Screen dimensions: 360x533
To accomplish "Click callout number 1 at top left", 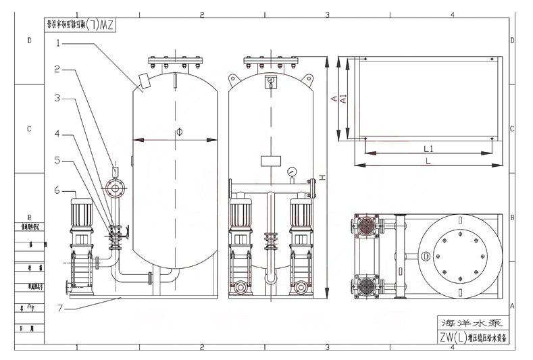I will pyautogui.click(x=58, y=43).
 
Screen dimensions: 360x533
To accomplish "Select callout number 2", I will pyautogui.click(x=58, y=69).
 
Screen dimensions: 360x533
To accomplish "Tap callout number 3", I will pyautogui.click(x=58, y=99).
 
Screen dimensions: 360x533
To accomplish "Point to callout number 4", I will pyautogui.click(x=58, y=134).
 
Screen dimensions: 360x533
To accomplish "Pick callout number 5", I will pyautogui.click(x=58, y=161).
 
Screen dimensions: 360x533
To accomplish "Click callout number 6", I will pyautogui.click(x=58, y=190).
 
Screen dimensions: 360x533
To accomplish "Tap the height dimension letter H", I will pyautogui.click(x=322, y=177).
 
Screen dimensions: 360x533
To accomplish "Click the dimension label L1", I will pyautogui.click(x=428, y=148).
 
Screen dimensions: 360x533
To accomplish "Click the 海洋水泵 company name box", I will pyautogui.click(x=467, y=322).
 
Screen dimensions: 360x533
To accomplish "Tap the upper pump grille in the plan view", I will pyautogui.click(x=366, y=226).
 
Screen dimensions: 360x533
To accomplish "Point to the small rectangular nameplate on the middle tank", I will pyautogui.click(x=270, y=161).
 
